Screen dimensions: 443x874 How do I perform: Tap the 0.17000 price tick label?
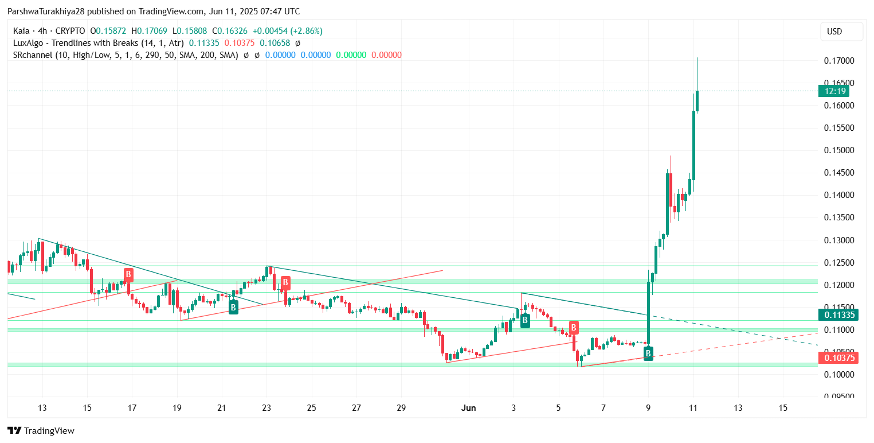click(x=839, y=61)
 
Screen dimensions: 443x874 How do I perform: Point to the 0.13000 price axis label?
click(x=839, y=240)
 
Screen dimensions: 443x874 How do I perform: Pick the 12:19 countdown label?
click(x=834, y=91)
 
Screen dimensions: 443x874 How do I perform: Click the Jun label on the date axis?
click(x=468, y=408)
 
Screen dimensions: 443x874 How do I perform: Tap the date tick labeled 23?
click(x=266, y=408)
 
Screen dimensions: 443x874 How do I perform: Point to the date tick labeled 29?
click(x=401, y=408)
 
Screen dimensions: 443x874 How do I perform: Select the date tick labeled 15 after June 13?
click(x=783, y=408)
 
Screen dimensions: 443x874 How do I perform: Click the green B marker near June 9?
click(x=648, y=353)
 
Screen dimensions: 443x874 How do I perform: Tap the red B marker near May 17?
click(x=128, y=274)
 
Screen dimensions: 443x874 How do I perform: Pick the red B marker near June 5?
click(x=574, y=328)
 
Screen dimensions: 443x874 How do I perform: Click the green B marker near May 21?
click(x=233, y=308)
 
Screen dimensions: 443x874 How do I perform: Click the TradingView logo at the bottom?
click(x=41, y=430)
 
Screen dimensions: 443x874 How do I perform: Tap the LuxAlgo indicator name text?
click(x=98, y=43)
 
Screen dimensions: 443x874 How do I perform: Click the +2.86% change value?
click(x=306, y=31)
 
